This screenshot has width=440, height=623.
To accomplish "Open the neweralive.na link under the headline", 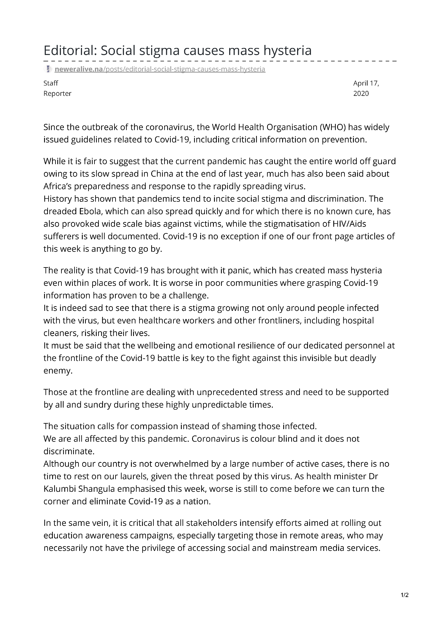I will tap(160, 69).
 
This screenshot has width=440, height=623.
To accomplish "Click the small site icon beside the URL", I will tap(48, 69).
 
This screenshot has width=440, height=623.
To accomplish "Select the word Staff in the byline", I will tap(51, 83).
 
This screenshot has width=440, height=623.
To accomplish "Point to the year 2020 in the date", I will tap(361, 94).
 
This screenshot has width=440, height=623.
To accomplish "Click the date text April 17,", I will tap(366, 83).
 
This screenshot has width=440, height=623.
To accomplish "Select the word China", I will tap(162, 174).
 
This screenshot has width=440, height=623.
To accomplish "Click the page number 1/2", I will tap(404, 595).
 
